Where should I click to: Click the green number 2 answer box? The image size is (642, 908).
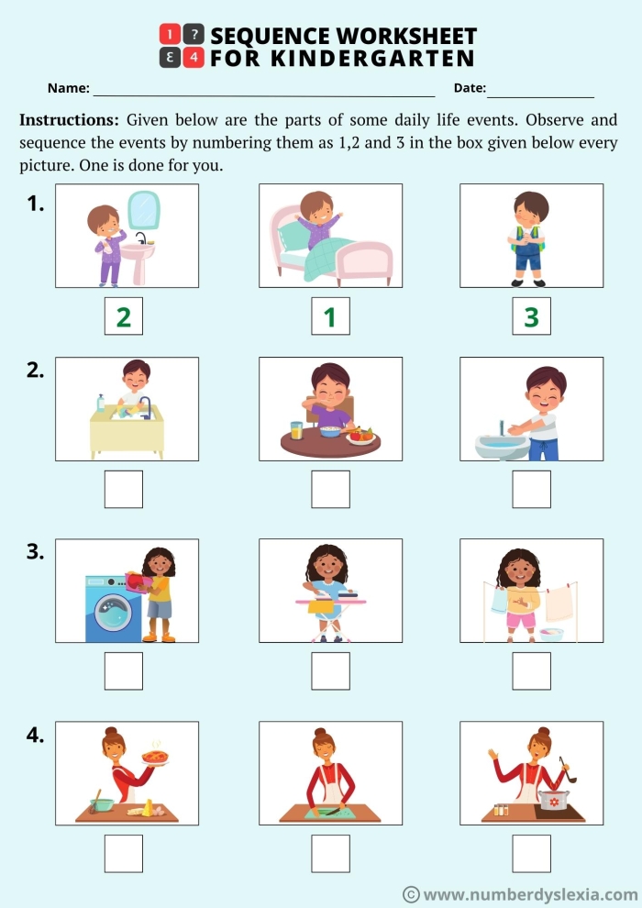[x=123, y=316]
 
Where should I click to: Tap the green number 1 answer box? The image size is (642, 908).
[x=330, y=316]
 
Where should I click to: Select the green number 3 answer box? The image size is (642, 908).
[x=531, y=316]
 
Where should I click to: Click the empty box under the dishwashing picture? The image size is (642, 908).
[x=123, y=489]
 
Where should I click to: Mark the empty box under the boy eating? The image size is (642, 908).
[x=330, y=489]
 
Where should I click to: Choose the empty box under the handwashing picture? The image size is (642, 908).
[x=531, y=489]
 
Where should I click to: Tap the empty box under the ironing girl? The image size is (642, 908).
[x=330, y=670]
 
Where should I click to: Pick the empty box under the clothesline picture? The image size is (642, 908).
[x=531, y=670]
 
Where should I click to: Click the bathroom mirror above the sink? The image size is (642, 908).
[x=142, y=210]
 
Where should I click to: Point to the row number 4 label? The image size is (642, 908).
[x=35, y=735]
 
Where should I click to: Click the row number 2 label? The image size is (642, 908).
[x=35, y=371]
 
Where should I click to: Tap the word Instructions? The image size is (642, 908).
[x=69, y=120]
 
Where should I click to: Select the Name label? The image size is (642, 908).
[x=68, y=88]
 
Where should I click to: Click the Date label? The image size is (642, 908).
[x=470, y=88]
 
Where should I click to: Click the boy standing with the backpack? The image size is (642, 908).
[x=529, y=238]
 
